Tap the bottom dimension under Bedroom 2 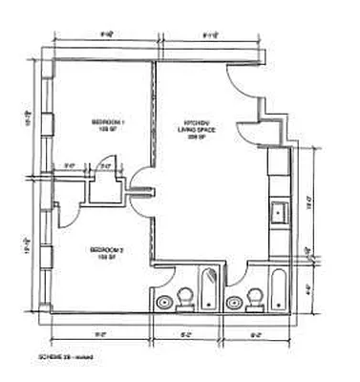tap(100, 335)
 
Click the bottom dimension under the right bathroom tap(255, 335)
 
